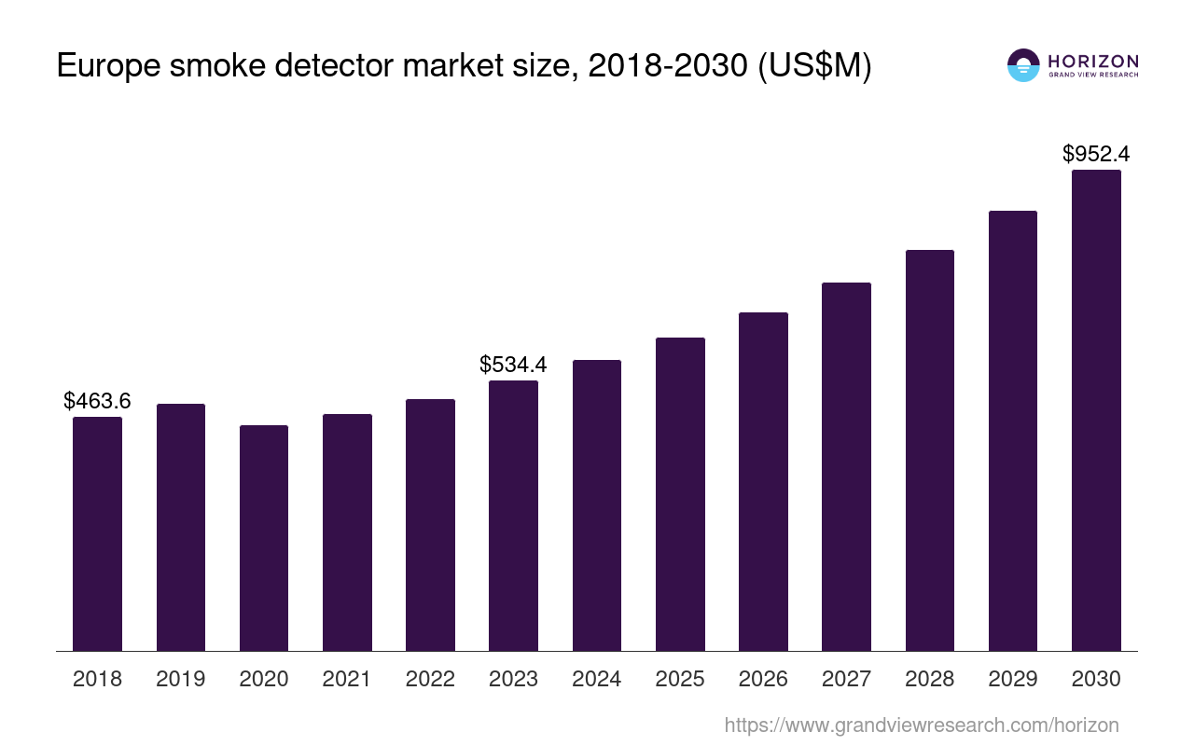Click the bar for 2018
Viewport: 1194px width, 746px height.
tap(97, 533)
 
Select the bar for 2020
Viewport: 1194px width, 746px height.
tap(264, 538)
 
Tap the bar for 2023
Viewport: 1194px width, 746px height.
tap(513, 516)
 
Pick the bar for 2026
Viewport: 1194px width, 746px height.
tap(763, 481)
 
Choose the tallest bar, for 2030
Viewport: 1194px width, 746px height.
tap(1096, 410)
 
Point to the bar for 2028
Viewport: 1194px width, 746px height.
tap(929, 450)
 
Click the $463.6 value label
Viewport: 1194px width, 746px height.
tap(97, 401)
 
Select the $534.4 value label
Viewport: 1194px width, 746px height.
tap(513, 365)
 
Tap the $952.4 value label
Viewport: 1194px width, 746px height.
tap(1096, 154)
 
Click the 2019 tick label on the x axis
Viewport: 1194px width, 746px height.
tap(180, 679)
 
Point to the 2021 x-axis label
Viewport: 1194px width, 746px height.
tap(347, 679)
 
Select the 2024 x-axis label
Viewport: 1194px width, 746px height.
tap(597, 679)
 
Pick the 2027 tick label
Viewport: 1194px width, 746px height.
tap(846, 679)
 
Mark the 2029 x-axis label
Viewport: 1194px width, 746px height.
tap(1013, 679)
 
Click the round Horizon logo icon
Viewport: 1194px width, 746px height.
tap(1023, 65)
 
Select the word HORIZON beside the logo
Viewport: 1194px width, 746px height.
tap(1093, 62)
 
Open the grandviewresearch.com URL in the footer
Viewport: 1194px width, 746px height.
tap(921, 725)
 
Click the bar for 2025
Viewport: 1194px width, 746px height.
tap(680, 494)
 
